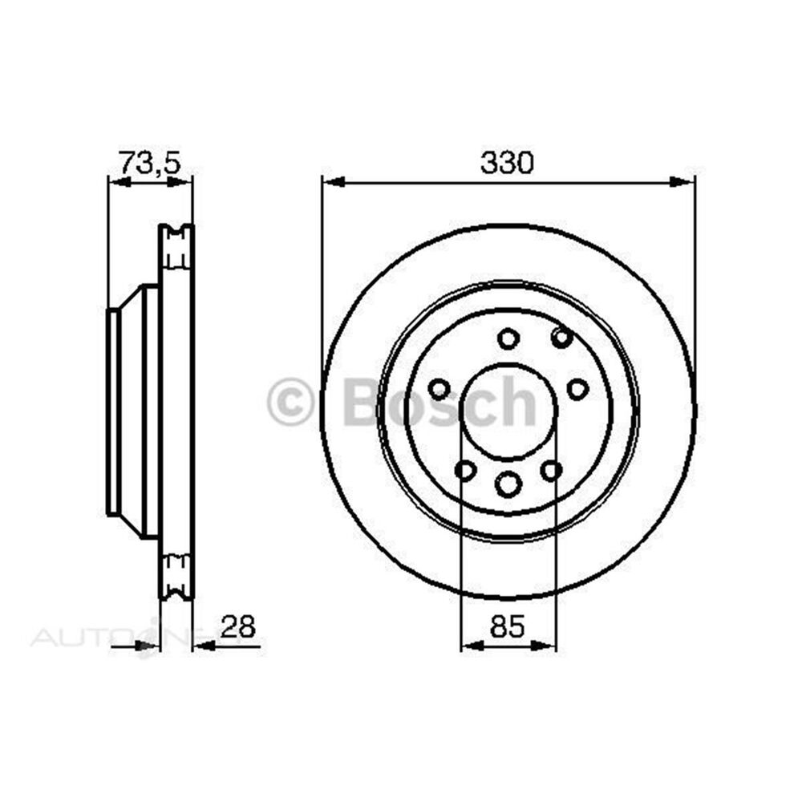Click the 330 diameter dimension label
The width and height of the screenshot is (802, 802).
point(507,163)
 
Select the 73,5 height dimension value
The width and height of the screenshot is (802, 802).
point(150,162)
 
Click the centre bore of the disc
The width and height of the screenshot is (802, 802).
point(508,412)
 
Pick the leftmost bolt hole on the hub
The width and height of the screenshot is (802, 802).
point(439,391)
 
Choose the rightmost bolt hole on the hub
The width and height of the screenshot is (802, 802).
point(577,390)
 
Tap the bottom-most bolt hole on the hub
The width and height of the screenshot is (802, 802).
point(508,484)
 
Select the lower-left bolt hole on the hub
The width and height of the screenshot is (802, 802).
point(465,470)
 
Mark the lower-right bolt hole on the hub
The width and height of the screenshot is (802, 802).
point(551,470)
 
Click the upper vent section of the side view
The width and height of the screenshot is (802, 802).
point(176,247)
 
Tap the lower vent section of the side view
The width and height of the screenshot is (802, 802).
point(176,576)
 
